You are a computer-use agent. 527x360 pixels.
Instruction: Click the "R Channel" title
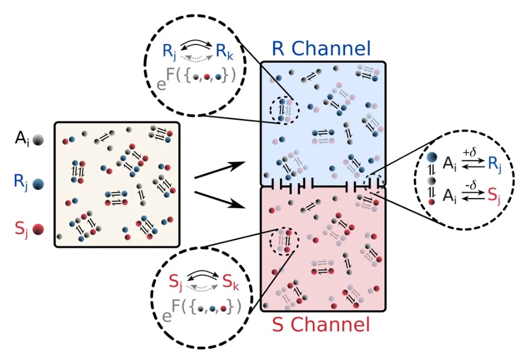point(321,48)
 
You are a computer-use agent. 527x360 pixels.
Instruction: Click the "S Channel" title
point(321,324)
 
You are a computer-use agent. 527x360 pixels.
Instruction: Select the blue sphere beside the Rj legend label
point(38,183)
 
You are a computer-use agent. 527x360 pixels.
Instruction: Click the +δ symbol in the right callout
point(469,152)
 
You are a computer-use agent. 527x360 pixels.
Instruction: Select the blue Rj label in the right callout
point(492,164)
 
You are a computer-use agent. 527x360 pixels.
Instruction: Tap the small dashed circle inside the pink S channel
point(284,241)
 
